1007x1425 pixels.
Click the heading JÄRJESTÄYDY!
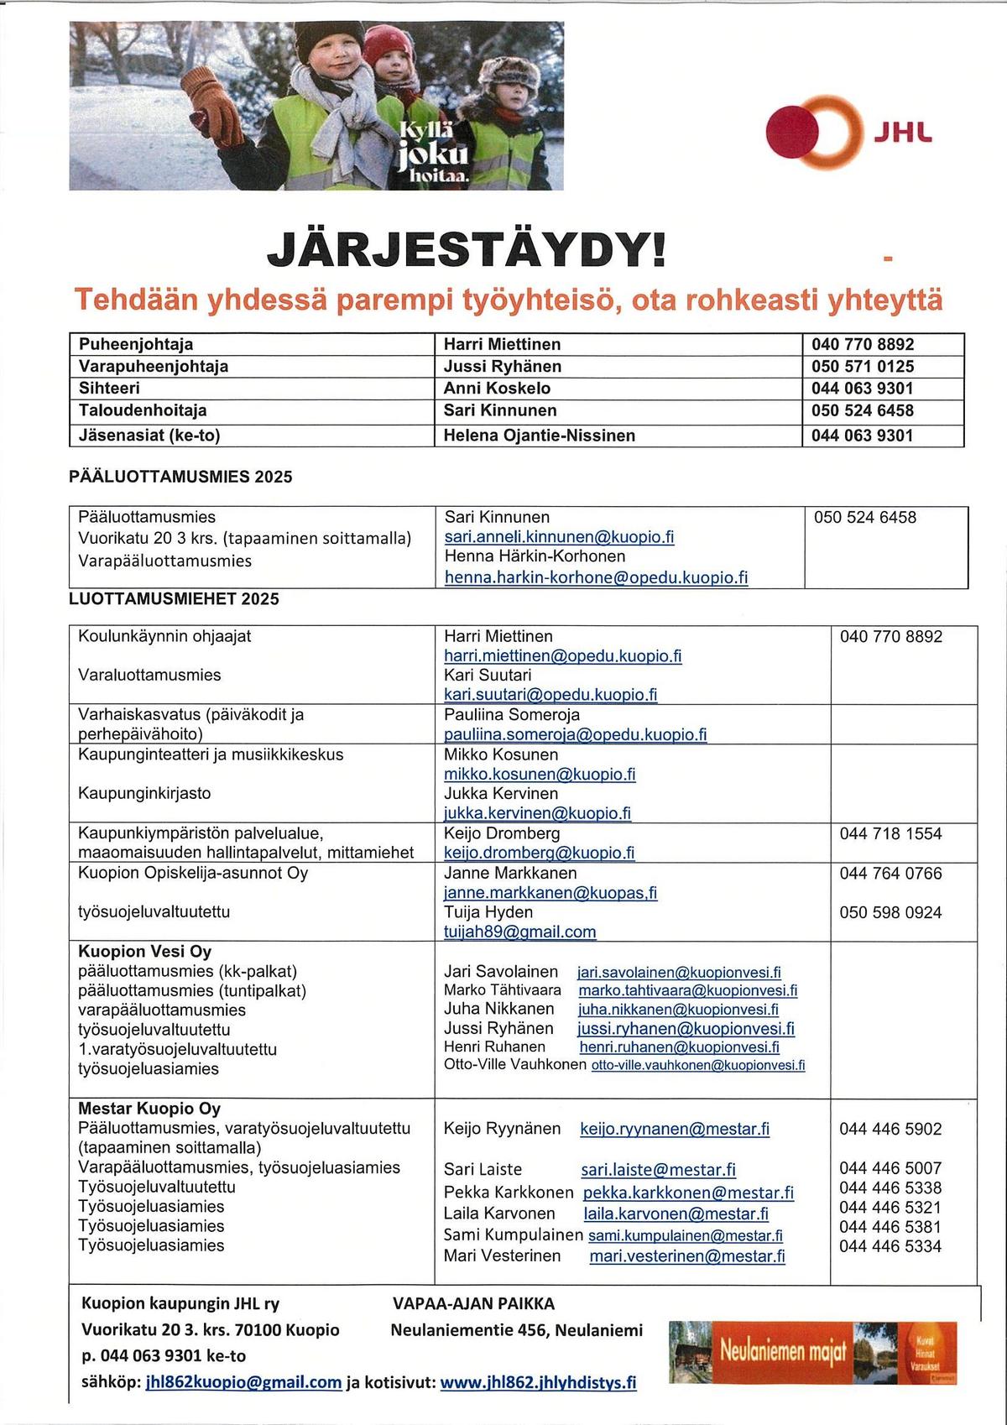point(467,249)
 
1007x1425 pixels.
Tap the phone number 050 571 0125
point(862,367)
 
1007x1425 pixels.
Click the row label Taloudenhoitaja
point(143,410)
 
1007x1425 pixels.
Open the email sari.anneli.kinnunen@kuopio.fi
point(559,537)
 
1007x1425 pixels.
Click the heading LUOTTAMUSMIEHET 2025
point(174,599)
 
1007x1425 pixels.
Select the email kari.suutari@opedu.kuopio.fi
point(550,695)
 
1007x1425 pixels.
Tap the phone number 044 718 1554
point(890,834)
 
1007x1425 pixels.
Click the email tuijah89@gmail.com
point(519,932)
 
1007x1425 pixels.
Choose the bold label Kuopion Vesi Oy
point(144,952)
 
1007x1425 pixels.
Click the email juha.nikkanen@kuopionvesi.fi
point(678,1010)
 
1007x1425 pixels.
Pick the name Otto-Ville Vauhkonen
point(514,1065)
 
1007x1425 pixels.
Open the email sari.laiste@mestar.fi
point(658,1170)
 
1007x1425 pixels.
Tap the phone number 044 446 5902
point(890,1130)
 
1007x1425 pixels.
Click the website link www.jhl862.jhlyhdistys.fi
point(538,1382)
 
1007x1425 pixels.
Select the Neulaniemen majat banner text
point(782,1352)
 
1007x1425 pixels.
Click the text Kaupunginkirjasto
point(144,794)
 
